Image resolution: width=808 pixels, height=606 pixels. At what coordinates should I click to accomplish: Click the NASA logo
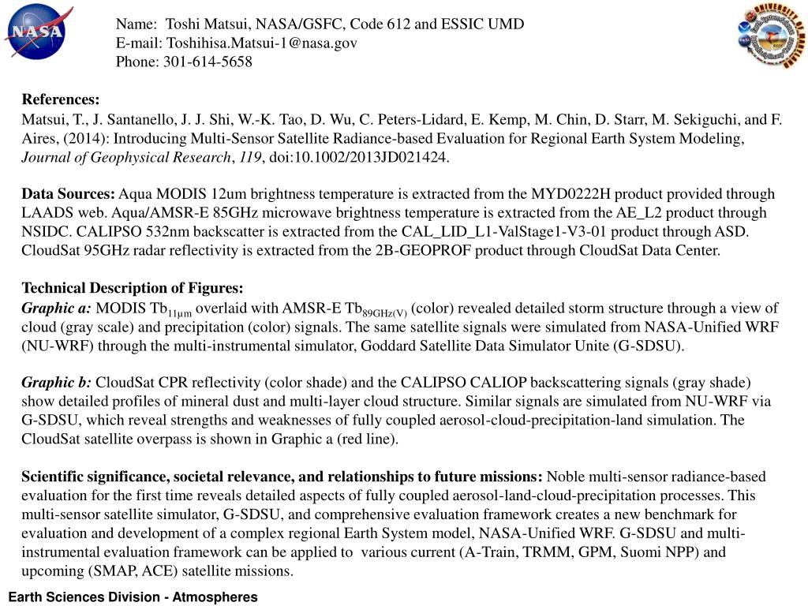(x=35, y=32)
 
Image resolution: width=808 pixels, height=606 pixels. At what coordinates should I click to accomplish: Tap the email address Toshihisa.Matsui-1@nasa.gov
(x=260, y=43)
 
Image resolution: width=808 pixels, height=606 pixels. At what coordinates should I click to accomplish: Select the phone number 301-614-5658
(x=208, y=62)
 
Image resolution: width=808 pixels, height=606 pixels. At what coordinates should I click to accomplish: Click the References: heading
(x=61, y=99)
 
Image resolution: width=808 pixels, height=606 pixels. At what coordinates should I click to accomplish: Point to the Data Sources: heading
(x=69, y=194)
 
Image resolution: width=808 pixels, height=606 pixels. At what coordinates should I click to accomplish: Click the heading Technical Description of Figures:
(x=133, y=288)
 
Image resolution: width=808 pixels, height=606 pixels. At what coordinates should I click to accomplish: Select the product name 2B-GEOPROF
(x=440, y=251)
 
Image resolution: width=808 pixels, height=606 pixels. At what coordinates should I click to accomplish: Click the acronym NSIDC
(x=46, y=232)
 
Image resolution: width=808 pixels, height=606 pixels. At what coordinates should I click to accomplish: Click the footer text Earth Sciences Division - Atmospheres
(x=133, y=597)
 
